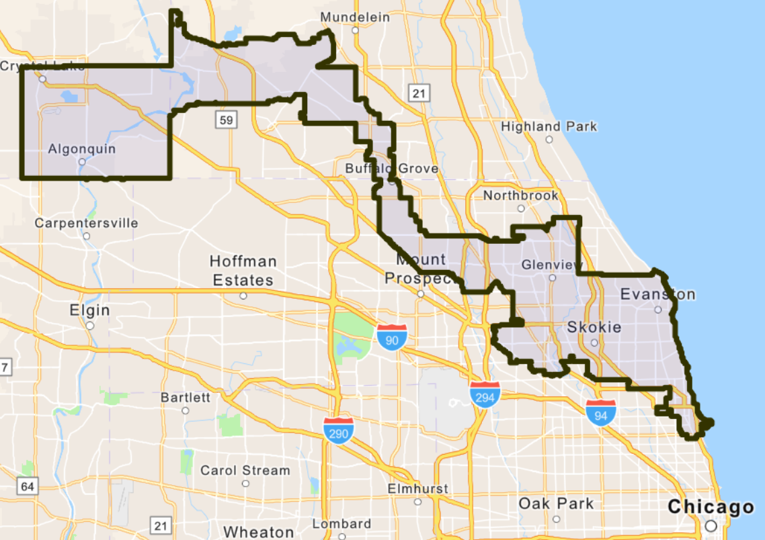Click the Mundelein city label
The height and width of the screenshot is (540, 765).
(355, 17)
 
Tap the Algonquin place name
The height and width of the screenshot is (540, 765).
(81, 149)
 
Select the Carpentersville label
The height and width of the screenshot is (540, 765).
(86, 223)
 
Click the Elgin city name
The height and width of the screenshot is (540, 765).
(89, 310)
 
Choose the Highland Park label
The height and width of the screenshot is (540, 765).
(549, 126)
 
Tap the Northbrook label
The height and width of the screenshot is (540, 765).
(520, 195)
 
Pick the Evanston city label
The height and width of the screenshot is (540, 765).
(657, 294)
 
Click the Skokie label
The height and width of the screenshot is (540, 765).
(594, 327)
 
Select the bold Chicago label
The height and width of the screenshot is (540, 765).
(711, 507)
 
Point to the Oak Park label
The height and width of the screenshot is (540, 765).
(556, 503)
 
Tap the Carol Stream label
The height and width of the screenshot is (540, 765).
(245, 470)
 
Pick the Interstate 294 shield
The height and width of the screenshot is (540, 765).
(485, 394)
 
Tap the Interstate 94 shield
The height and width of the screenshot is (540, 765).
(600, 412)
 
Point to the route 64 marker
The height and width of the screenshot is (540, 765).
(26, 486)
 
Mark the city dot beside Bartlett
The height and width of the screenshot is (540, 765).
(185, 410)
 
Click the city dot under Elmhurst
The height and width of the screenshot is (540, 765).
(417, 502)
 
